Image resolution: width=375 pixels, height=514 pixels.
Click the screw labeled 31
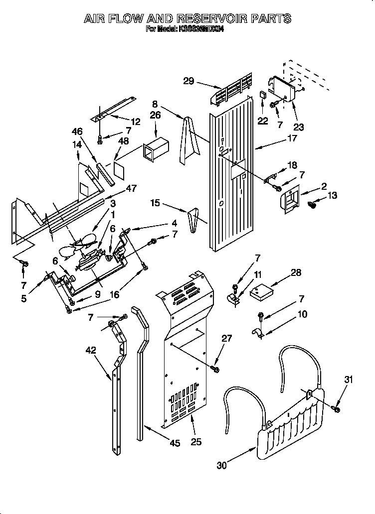tap(337, 409)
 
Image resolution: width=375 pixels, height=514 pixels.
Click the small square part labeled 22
tap(263, 95)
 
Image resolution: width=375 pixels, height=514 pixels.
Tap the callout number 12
tap(136, 121)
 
